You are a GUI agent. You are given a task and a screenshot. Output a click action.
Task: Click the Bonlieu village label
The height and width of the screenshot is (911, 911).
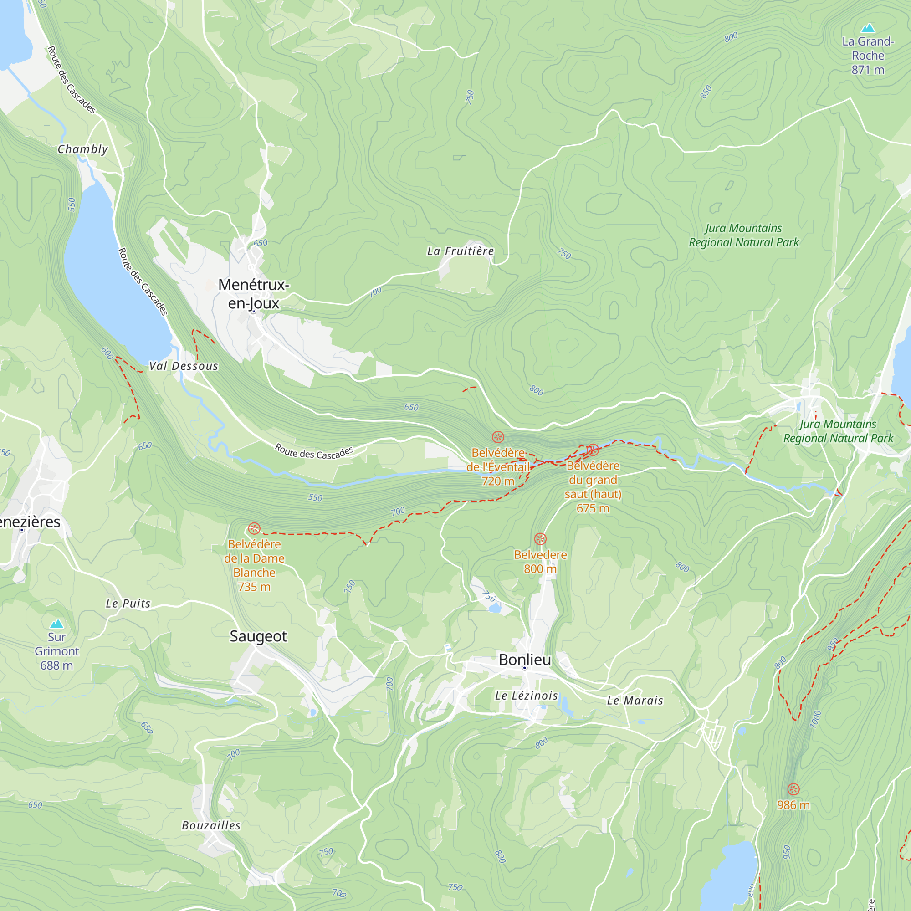[x=525, y=660]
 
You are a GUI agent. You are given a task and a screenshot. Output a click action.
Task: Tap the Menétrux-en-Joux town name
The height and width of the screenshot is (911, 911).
[x=254, y=294]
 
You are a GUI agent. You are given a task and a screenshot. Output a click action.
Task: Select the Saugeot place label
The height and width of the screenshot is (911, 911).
[x=258, y=636]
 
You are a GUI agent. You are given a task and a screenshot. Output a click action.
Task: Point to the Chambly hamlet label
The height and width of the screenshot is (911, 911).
[x=82, y=149]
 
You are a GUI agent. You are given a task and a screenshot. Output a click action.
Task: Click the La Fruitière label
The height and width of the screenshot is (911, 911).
[x=460, y=251]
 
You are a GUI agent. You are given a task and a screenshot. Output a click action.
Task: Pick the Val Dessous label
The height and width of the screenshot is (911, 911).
[x=184, y=366]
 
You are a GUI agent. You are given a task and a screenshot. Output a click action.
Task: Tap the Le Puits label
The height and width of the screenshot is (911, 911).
[x=128, y=604]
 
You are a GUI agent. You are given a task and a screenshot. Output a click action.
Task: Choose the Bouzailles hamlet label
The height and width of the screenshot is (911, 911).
[x=211, y=825]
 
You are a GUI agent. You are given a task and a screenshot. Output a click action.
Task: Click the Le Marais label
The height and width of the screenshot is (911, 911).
[x=635, y=701]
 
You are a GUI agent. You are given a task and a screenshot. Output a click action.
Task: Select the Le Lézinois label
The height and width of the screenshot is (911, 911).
[x=526, y=696]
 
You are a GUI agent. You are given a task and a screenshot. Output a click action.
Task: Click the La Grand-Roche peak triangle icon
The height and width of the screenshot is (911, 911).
[x=868, y=28]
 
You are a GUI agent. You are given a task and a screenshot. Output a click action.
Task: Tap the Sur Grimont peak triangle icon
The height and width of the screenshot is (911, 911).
[x=56, y=624]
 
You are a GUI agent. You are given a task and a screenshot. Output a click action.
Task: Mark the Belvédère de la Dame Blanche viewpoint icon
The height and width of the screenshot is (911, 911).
[x=254, y=528]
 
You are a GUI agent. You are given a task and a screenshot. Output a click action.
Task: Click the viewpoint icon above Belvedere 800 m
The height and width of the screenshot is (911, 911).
[x=540, y=539]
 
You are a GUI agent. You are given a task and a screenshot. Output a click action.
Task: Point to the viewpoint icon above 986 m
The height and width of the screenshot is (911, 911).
[x=793, y=789]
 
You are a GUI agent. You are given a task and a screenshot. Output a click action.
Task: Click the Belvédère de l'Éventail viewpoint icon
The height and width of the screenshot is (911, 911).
[x=498, y=437]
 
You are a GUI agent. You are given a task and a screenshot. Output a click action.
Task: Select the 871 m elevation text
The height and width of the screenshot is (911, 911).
[x=868, y=70]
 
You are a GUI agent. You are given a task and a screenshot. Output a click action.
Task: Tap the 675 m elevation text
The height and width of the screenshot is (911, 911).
[x=593, y=508]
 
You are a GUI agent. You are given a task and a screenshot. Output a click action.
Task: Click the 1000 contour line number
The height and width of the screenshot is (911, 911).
[x=816, y=719]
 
